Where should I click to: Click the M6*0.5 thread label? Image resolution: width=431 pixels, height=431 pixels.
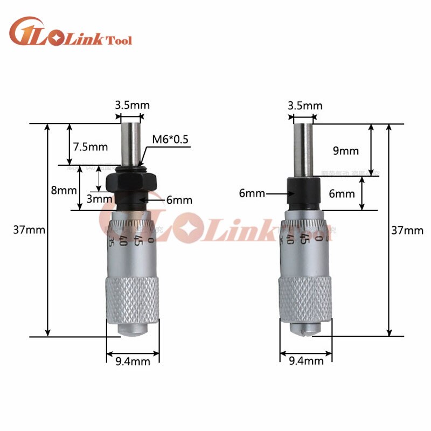(170, 139)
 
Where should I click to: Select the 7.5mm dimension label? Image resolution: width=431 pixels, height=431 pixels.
(91, 147)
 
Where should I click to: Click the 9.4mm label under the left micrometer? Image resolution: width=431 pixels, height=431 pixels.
(133, 362)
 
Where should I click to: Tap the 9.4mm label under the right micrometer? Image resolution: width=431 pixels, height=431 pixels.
(306, 362)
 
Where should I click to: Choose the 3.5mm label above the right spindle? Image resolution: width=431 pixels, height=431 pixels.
(305, 106)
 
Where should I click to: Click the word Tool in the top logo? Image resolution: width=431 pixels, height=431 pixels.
(120, 40)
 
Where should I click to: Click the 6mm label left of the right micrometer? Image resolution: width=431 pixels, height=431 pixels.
(252, 193)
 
